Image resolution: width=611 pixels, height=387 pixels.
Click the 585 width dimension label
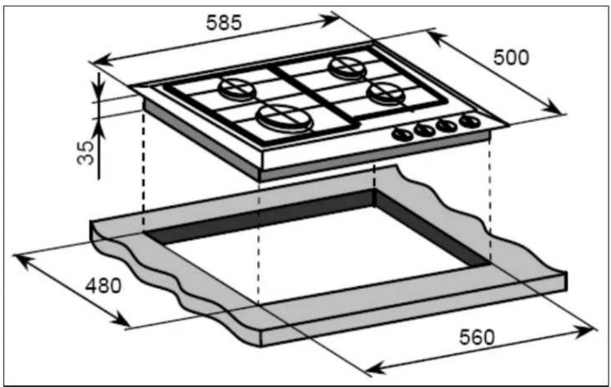(x=223, y=22)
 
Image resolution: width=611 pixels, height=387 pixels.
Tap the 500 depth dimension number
(x=511, y=58)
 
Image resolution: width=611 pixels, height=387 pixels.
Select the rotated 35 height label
(x=86, y=152)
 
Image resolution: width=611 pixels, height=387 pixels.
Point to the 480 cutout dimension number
(x=103, y=286)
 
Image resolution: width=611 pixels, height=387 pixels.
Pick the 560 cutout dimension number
(x=476, y=337)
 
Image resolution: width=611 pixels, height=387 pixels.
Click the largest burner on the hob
(x=285, y=117)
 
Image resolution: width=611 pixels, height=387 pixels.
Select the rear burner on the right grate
(x=347, y=67)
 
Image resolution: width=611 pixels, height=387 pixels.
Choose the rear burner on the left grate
(x=237, y=89)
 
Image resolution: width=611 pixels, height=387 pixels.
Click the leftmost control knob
(x=402, y=135)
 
